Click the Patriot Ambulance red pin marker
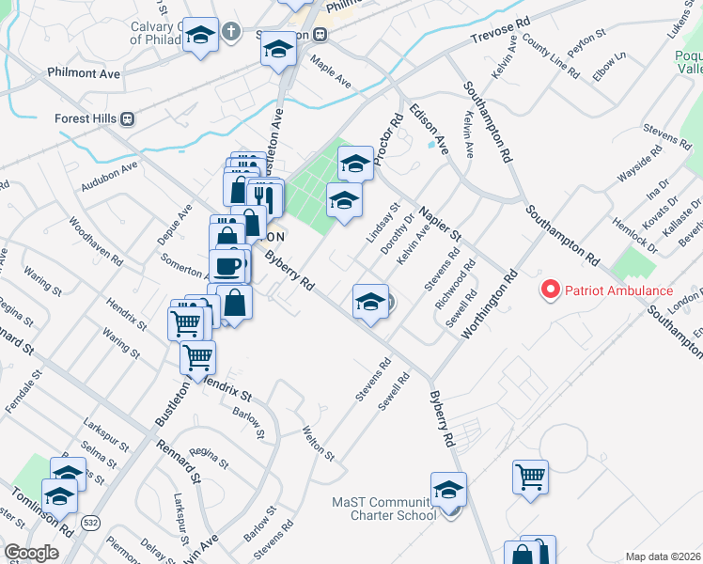(552, 290)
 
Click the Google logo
(31, 554)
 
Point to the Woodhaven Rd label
(90, 240)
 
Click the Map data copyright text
(663, 556)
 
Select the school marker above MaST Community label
(448, 489)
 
